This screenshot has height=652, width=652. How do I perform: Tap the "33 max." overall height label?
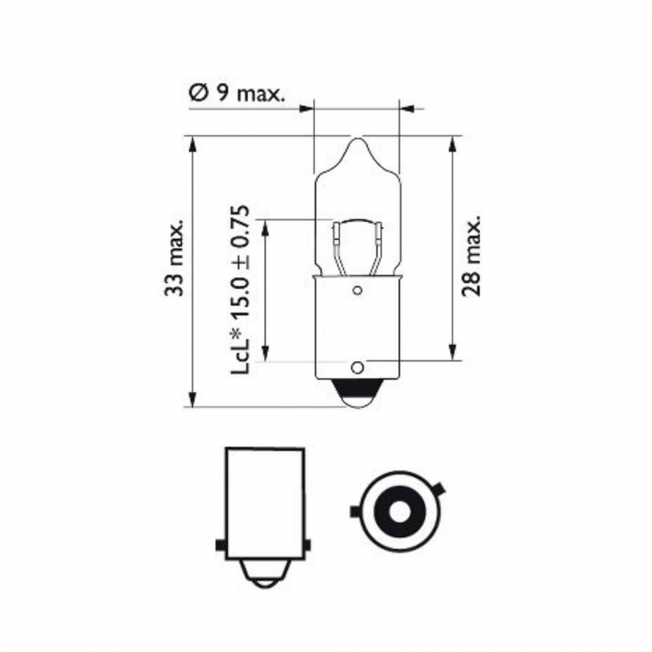(174, 260)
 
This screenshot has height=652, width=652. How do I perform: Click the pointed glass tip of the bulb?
(358, 144)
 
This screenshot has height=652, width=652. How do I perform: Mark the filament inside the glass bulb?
(357, 238)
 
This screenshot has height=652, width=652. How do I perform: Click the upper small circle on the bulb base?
(357, 291)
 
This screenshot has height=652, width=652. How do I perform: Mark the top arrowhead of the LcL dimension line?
(265, 226)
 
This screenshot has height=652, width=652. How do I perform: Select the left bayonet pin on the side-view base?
(219, 546)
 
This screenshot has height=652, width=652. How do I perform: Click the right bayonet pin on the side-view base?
(309, 546)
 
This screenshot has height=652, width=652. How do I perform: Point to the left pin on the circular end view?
(355, 511)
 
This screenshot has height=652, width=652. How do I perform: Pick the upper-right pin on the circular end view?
(437, 489)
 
